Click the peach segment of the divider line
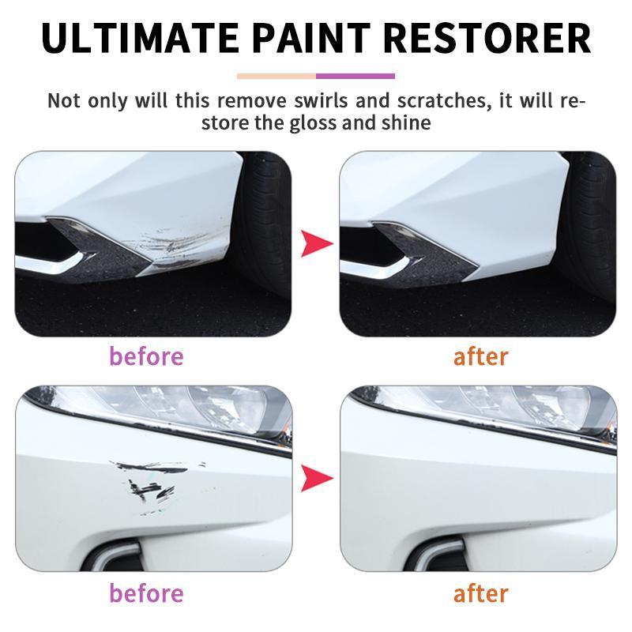[x=276, y=77]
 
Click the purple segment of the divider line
[x=355, y=77]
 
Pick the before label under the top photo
[x=146, y=356]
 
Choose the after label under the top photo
[x=480, y=356]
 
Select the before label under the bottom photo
[x=146, y=592]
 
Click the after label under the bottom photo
[x=480, y=592]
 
